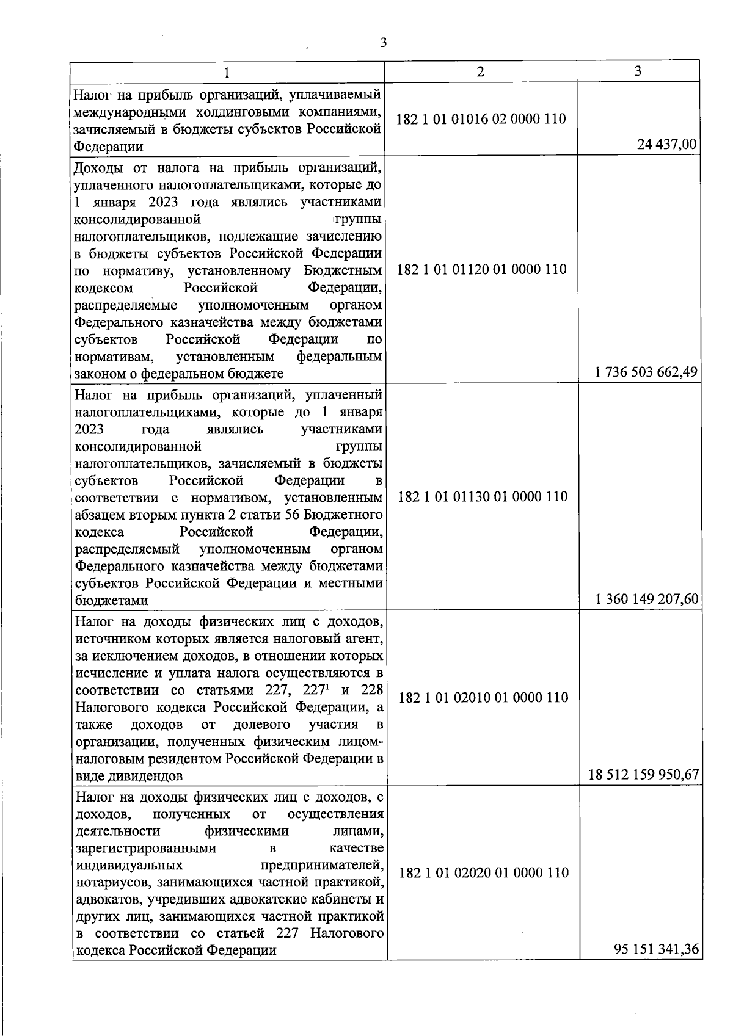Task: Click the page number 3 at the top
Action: [383, 42]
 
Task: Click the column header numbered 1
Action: [227, 73]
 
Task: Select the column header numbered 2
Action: [481, 71]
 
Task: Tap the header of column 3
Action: [638, 71]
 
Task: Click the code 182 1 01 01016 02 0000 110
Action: [481, 119]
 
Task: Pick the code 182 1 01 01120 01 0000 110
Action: [481, 269]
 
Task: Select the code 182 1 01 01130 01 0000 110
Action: [483, 496]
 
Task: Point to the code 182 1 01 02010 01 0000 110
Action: [483, 697]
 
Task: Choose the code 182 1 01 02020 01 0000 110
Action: [483, 872]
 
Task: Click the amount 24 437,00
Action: [667, 146]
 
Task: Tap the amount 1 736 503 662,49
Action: [646, 372]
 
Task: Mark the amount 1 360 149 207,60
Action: [646, 600]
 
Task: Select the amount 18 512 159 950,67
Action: [643, 775]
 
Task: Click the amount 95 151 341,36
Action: [656, 949]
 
